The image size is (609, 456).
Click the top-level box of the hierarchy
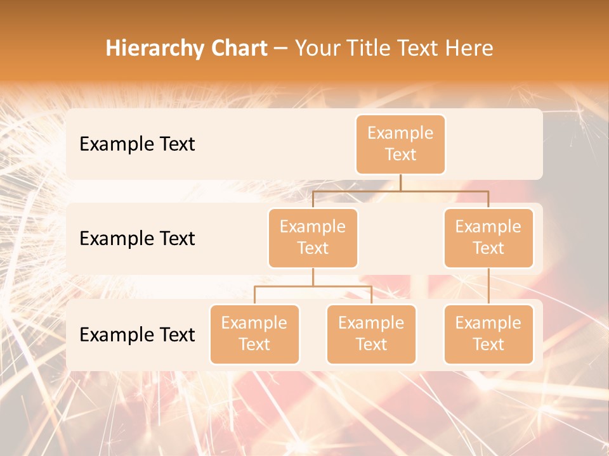[x=400, y=144]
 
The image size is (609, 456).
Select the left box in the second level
[x=313, y=237]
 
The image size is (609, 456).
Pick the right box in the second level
[x=488, y=237]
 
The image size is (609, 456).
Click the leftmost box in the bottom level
[x=254, y=334]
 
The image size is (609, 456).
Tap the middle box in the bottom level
[x=371, y=334]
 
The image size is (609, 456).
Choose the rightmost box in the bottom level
[x=488, y=334]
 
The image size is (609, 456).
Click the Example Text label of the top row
[x=137, y=144]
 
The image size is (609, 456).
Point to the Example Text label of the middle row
[x=137, y=238]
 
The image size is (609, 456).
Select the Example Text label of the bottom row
[x=137, y=334]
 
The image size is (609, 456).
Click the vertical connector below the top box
[x=400, y=182]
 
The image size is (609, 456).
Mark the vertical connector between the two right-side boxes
[x=488, y=286]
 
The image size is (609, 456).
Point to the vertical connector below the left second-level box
[x=313, y=277]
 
